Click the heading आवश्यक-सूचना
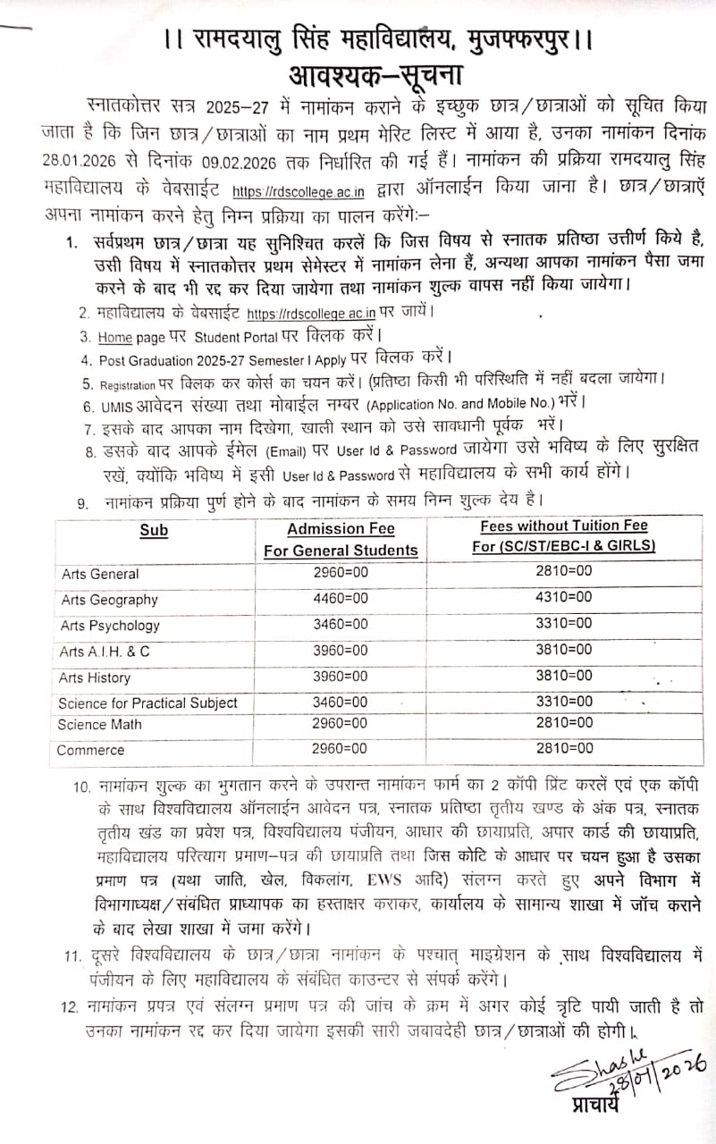point(376,73)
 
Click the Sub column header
point(154,530)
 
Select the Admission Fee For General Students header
point(341,540)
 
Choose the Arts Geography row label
point(110,600)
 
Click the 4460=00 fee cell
point(341,598)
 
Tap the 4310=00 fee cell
point(563,596)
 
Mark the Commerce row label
point(90,750)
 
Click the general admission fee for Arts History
point(341,677)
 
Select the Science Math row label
point(100,725)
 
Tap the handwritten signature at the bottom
point(617,1068)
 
